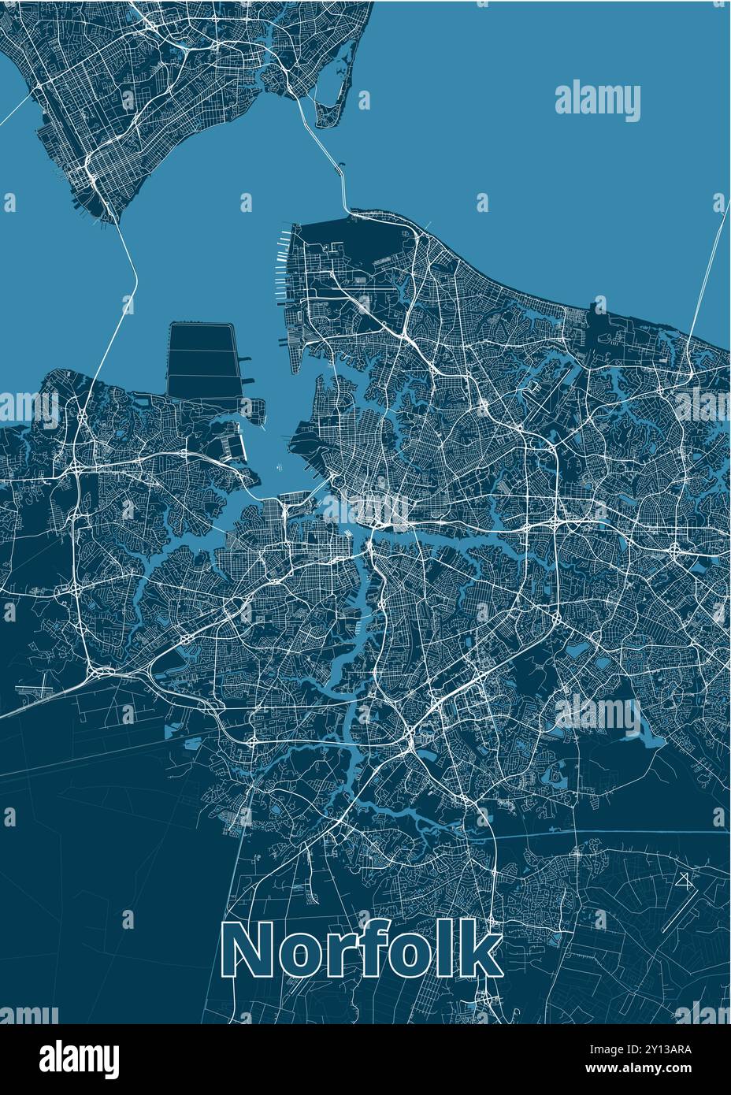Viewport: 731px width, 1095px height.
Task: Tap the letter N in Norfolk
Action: pos(247,951)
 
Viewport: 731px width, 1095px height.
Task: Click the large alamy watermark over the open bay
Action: pos(598,102)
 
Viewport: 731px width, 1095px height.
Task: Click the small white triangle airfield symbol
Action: pos(684,881)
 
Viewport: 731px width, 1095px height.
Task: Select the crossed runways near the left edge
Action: pos(32,690)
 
